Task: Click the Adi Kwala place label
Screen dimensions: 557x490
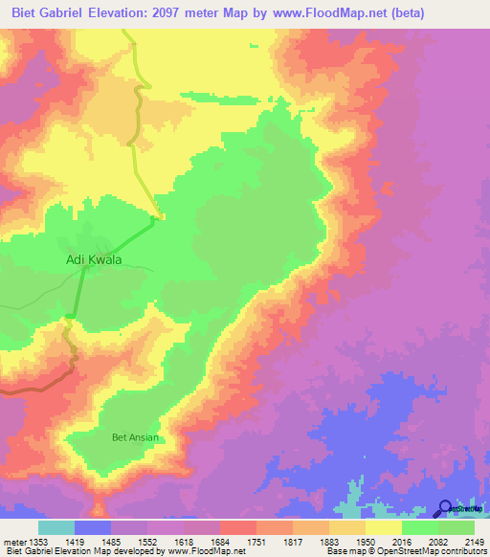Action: tap(94, 259)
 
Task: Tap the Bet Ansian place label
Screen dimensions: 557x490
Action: tap(135, 438)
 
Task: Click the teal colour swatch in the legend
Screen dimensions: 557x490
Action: tap(56, 527)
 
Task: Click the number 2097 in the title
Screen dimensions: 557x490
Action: tap(216, 13)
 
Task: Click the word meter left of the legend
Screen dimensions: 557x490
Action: tap(12, 540)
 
